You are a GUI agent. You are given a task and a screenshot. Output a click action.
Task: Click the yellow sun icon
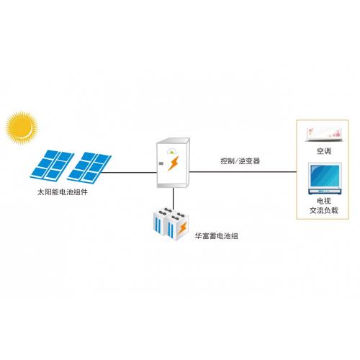tap(22, 128)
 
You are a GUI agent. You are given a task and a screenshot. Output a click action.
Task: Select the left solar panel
tap(52, 165)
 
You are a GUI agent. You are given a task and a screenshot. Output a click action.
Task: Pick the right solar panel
tap(89, 166)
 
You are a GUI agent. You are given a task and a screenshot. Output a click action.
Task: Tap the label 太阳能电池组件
tap(63, 192)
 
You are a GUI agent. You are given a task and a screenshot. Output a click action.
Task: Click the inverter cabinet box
tap(173, 163)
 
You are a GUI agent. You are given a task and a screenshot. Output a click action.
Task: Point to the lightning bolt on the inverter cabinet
tap(174, 163)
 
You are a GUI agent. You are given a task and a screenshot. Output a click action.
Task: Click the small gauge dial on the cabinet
tap(172, 151)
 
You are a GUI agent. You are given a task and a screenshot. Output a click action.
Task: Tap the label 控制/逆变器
tap(240, 161)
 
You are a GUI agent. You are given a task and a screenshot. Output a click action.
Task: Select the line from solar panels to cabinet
tap(129, 172)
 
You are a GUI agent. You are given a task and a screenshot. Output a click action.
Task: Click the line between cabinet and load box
tap(243, 172)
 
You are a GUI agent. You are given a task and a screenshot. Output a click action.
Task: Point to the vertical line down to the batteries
tap(173, 199)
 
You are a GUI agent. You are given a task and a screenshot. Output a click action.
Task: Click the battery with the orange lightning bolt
tap(178, 226)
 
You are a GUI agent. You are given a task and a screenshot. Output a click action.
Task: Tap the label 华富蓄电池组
tap(217, 236)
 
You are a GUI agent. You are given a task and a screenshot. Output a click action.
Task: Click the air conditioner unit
tap(323, 135)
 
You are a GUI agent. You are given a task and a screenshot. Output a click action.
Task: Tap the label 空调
tap(324, 151)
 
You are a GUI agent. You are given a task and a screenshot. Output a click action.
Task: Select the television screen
tap(325, 176)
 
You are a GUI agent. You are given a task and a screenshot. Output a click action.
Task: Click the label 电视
tap(324, 201)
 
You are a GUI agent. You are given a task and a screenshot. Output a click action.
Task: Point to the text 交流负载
tap(324, 210)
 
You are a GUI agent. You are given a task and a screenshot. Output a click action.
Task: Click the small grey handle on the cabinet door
tap(161, 164)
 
